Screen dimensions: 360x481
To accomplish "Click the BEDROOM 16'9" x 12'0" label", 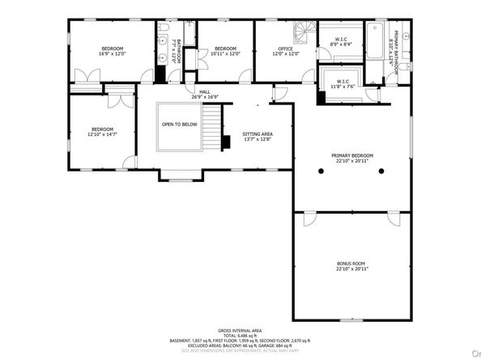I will point(110,51).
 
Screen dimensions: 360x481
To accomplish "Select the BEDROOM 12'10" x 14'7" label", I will point(103,132).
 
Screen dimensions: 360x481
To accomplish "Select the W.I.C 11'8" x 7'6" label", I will point(340,84).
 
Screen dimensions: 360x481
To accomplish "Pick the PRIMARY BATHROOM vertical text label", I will point(395,54).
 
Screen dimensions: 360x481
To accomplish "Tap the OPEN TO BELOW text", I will point(179,125).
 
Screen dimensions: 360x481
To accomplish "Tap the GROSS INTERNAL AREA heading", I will point(240,331).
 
